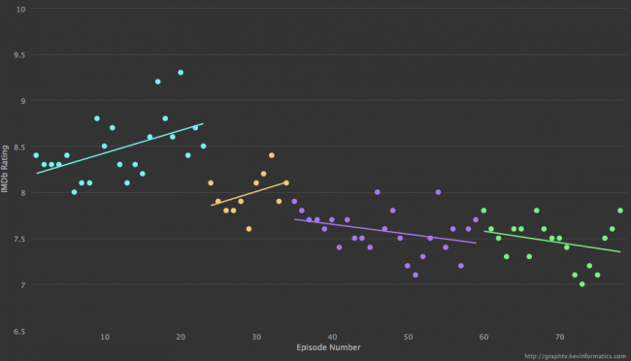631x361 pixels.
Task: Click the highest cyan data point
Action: tap(181, 73)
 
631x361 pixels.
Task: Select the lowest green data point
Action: tap(581, 284)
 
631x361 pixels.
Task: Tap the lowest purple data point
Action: tap(415, 275)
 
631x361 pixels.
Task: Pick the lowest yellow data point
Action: tap(249, 229)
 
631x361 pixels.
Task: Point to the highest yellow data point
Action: tap(272, 155)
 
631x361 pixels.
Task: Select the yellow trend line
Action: tap(249, 194)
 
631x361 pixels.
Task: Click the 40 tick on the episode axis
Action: tap(332, 337)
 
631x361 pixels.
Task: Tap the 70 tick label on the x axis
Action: tap(559, 337)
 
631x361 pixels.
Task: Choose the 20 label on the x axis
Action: tap(181, 337)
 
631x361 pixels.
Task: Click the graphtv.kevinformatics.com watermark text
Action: tap(572, 354)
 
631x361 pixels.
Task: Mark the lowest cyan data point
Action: tap(74, 192)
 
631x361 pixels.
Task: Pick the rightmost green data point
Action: tap(619, 211)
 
